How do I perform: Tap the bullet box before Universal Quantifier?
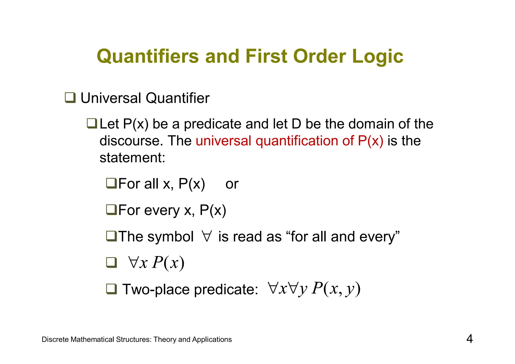(x=70, y=98)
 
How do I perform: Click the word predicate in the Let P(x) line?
(x=212, y=124)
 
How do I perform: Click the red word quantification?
(x=296, y=141)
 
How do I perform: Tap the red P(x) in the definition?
(x=370, y=141)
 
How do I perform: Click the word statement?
(x=132, y=158)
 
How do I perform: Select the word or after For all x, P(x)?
(x=232, y=184)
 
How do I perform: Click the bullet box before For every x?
(x=111, y=210)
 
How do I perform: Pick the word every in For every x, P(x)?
(x=162, y=210)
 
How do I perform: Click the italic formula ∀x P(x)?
(x=156, y=263)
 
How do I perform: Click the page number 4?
(x=469, y=339)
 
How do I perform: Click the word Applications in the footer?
(x=212, y=340)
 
